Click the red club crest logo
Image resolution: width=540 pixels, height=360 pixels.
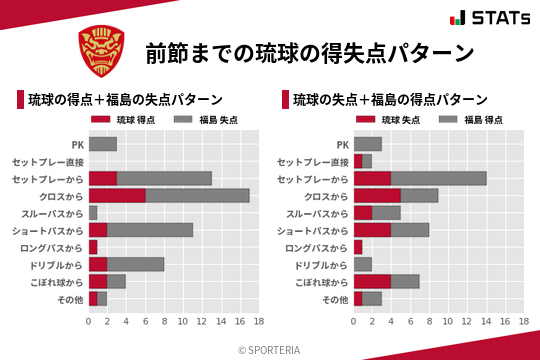pos(101,52)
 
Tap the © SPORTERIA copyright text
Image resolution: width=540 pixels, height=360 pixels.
pos(270,349)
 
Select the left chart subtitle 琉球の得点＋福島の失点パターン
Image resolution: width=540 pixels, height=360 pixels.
pos(125,100)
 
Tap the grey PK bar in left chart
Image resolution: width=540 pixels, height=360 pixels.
pos(103,144)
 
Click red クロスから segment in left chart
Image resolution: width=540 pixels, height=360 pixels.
pos(117,195)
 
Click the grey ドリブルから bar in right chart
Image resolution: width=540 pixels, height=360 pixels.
pos(363,264)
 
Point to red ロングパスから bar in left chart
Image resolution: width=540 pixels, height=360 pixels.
pos(93,247)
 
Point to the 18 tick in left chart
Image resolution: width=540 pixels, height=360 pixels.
pos(258,322)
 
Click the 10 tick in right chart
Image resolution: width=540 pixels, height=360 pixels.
pos(448,322)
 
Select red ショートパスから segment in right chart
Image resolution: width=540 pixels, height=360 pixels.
pos(373,230)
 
